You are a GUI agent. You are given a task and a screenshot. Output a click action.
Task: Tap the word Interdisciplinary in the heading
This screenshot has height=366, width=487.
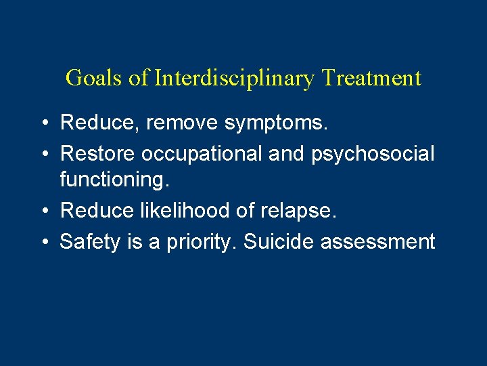[235, 79]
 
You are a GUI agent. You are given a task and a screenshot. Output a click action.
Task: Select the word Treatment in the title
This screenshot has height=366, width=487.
[371, 78]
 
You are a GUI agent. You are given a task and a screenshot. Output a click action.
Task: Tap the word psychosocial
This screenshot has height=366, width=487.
[373, 154]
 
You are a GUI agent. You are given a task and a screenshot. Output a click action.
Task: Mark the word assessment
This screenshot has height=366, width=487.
[378, 242]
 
